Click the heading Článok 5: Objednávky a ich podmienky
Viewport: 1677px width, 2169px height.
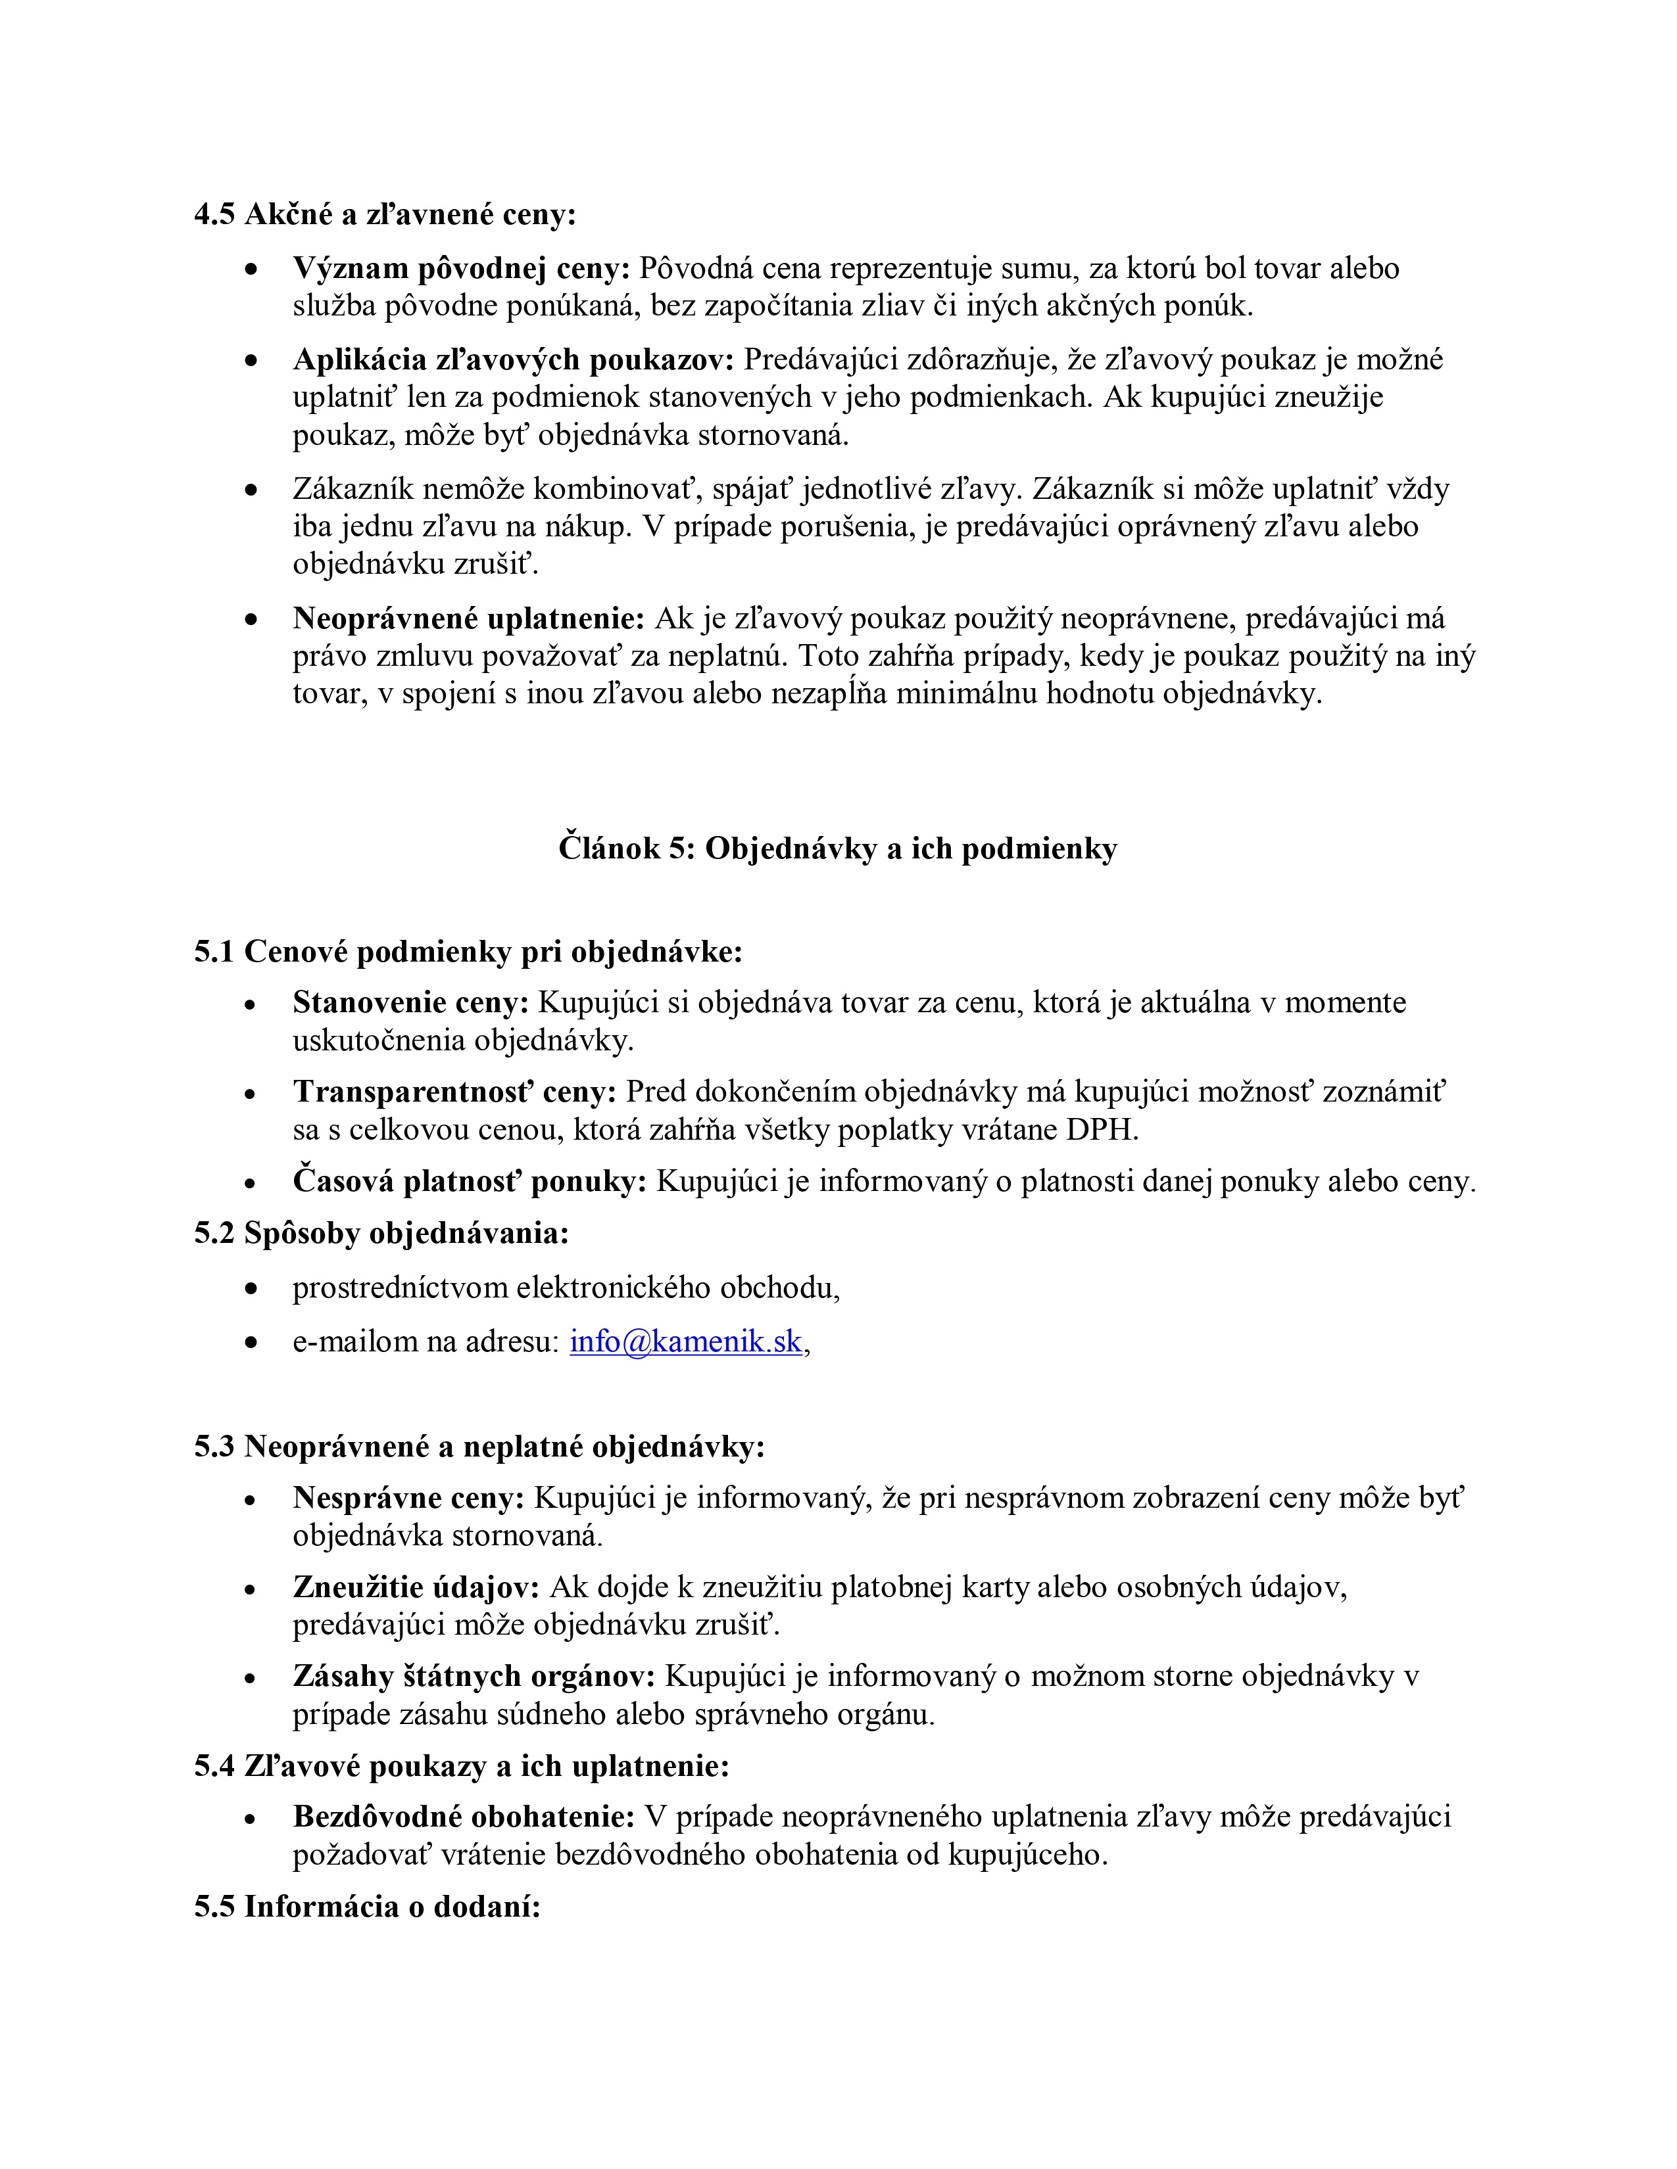pos(837,848)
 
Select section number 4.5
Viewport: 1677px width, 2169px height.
pos(214,214)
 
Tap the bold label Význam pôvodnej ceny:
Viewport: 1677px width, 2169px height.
pos(461,268)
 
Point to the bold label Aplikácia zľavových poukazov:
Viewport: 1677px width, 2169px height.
pos(514,360)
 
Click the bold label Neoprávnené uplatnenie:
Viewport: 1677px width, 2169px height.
pos(469,618)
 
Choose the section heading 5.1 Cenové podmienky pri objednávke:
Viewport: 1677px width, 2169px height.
pos(468,952)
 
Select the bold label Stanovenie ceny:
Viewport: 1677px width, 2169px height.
pos(411,1003)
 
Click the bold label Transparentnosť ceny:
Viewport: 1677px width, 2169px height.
pos(455,1092)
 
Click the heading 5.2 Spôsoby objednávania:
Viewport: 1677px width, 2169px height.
pos(381,1234)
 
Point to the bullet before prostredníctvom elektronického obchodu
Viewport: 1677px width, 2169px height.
pos(253,1289)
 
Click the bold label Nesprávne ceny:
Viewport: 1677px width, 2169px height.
pos(408,1498)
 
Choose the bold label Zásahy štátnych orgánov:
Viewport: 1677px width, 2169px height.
pos(474,1677)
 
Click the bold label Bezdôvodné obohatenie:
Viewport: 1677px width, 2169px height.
pos(464,1817)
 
